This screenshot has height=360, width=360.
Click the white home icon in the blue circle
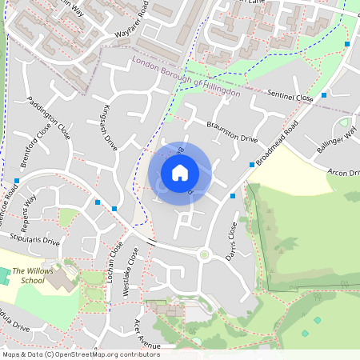tap(180, 172)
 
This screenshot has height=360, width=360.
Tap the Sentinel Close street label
tap(290, 96)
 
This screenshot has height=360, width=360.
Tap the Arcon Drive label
tap(344, 172)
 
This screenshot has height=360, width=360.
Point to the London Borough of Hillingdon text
tap(186, 78)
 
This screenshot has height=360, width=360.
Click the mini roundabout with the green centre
tap(204, 256)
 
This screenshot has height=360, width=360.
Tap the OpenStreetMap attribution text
tap(81, 354)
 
